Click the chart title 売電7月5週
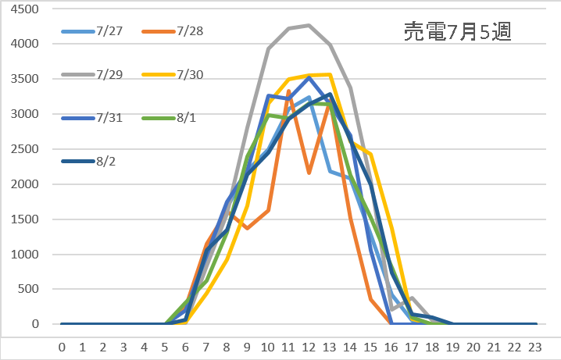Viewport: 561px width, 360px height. coord(457,32)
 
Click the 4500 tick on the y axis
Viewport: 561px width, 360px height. coord(28,9)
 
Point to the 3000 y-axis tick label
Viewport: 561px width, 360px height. coord(28,115)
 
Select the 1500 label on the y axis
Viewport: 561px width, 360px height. coord(28,219)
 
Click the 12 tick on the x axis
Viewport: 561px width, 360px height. coord(309,344)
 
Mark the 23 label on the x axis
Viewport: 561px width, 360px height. coord(536,344)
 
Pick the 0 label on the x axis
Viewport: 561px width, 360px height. coord(62,344)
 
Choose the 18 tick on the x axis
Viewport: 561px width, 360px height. coord(433,344)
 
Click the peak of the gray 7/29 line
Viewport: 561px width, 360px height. coord(309,26)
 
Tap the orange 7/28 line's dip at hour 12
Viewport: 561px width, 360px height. coord(309,173)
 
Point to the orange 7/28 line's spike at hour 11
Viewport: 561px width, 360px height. coord(289,91)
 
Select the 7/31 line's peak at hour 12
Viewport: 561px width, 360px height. coord(309,78)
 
